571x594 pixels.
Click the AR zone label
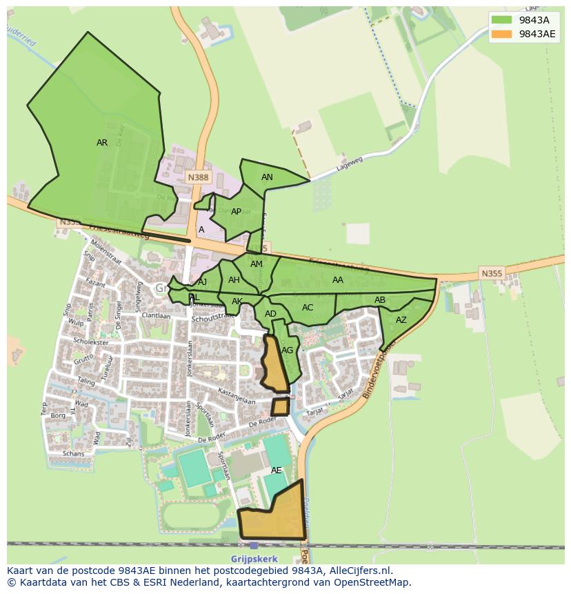point(102,143)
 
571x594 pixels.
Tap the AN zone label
point(267,177)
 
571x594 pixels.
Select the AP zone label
point(236,212)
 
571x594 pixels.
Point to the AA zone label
point(337,280)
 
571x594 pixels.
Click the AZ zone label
point(401,320)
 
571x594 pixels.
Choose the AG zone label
point(288,350)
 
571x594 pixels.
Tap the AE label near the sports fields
point(276,471)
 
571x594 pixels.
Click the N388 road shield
point(198,177)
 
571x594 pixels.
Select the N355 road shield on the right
point(492,274)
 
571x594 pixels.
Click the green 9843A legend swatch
point(502,19)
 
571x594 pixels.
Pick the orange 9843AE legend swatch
point(502,34)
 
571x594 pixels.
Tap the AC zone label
point(308,308)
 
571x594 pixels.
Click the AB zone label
point(380,300)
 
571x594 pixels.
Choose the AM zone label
point(257,264)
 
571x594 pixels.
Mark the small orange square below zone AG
point(280,406)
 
